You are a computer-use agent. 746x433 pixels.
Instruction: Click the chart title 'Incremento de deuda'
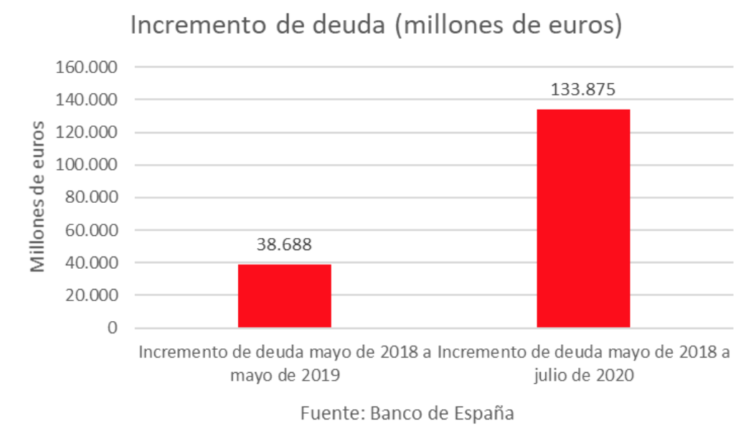(x=374, y=26)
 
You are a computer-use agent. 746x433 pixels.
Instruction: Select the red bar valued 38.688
(x=284, y=295)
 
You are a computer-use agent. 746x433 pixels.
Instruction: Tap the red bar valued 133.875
(x=583, y=218)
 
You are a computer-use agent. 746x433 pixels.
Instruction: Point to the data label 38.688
(x=284, y=244)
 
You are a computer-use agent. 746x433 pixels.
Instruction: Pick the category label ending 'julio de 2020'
(x=583, y=363)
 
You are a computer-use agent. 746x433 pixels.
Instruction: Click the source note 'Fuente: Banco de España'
(x=407, y=414)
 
